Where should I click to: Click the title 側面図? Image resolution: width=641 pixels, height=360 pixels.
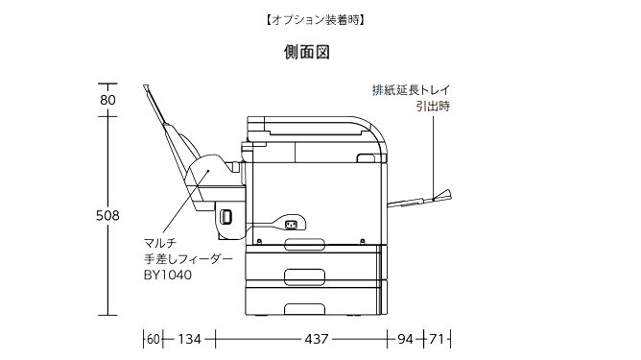(x=307, y=52)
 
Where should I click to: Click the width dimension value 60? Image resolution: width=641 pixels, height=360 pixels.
(x=154, y=339)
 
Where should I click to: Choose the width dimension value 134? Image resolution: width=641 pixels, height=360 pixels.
(x=189, y=339)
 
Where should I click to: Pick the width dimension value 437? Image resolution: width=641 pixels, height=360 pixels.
(x=317, y=339)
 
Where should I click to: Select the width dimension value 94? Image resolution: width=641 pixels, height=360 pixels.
(x=406, y=339)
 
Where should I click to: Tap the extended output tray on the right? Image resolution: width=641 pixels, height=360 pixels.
(x=422, y=200)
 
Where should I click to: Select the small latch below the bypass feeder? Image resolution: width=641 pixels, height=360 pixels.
(x=226, y=217)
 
